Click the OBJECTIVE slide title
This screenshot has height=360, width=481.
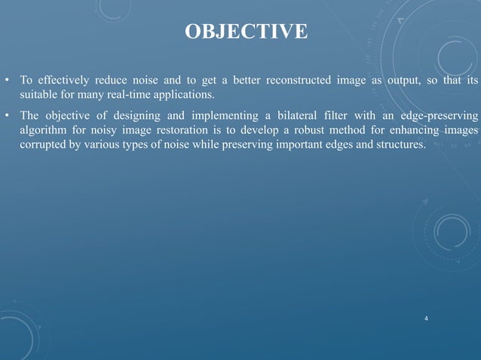point(246,32)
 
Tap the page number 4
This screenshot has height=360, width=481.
point(427,319)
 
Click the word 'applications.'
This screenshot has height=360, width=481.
point(182,96)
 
